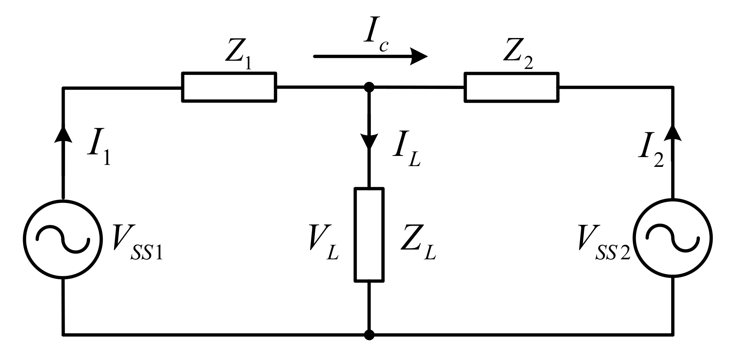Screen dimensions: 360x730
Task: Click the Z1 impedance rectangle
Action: (x=229, y=87)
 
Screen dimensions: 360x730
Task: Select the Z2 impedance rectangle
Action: (x=511, y=87)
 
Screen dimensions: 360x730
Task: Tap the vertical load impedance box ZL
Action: (x=369, y=235)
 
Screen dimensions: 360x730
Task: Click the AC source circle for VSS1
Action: (x=62, y=239)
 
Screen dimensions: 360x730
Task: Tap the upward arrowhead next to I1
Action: (x=62, y=135)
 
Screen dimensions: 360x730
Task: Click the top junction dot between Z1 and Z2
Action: (x=369, y=87)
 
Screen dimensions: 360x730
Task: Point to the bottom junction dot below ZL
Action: (x=369, y=335)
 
